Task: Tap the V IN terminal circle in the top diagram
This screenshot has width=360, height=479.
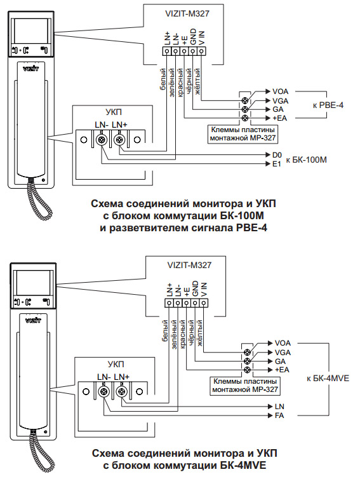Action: (201, 51)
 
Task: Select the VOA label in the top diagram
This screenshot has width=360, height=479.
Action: (280, 91)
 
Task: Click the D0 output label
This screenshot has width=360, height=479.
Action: (277, 155)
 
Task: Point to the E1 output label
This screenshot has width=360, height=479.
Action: (277, 164)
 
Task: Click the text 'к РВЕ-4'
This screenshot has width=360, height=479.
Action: (328, 105)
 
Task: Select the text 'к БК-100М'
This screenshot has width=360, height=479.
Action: (306, 159)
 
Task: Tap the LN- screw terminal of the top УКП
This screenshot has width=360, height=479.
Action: (101, 140)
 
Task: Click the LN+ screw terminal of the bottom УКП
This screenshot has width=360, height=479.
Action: (122, 391)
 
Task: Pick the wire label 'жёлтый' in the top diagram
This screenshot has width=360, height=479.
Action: (197, 81)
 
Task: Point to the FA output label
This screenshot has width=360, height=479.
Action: (279, 415)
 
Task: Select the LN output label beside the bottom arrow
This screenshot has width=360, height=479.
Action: (279, 407)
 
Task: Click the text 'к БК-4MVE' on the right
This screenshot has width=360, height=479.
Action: (328, 378)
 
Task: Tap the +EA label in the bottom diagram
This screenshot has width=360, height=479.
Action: (282, 370)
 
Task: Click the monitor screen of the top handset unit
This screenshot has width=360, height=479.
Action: (29, 32)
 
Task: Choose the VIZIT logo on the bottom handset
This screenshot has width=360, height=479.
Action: (33, 320)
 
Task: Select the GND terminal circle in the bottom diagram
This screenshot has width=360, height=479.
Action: (195, 303)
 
